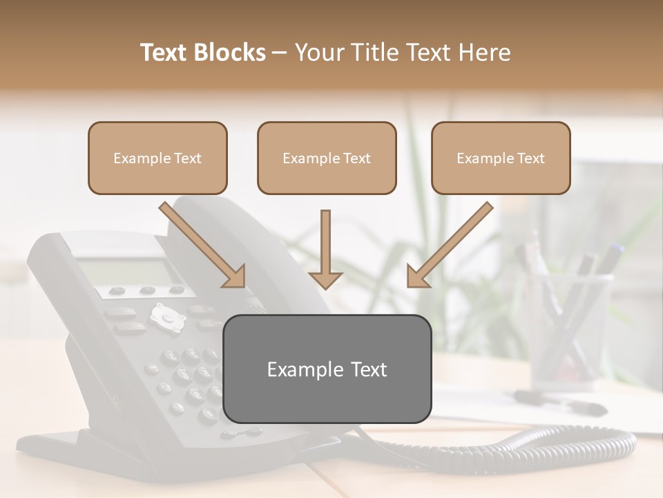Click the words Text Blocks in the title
pos(202,53)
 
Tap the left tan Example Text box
pos(157,158)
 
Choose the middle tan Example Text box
pos(327,158)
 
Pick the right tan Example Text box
pos(501,158)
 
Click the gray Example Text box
pos(327,369)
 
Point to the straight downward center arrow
pos(325,249)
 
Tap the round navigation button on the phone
pos(166,315)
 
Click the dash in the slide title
pos(280,53)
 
